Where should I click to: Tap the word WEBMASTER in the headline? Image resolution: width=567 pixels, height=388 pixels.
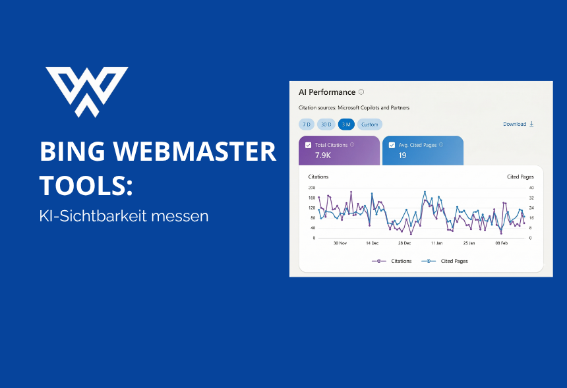200,152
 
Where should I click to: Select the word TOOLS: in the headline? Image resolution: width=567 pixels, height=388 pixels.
86,186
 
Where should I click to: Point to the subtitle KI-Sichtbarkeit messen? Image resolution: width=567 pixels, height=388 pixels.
124,215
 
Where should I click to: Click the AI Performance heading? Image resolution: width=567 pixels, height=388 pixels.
327,92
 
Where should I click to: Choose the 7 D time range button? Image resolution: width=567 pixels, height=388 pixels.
306,124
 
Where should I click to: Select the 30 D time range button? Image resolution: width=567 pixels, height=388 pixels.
326,124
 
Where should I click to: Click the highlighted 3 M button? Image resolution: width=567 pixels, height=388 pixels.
346,124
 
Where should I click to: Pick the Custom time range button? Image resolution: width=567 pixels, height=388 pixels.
370,124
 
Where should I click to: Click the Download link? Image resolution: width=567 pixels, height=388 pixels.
518,124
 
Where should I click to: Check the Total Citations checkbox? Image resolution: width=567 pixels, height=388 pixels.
309,145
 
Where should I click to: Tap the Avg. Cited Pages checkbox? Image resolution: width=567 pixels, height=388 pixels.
392,145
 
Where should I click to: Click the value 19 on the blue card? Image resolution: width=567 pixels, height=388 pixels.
402,156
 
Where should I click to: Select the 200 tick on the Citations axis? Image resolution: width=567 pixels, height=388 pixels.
312,188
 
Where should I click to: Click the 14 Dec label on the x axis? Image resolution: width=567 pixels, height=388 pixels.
372,242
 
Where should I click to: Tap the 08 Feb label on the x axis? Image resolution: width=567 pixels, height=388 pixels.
501,242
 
